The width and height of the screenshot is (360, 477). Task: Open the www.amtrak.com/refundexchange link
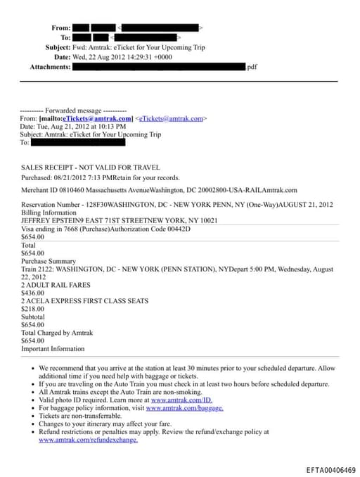click(88, 440)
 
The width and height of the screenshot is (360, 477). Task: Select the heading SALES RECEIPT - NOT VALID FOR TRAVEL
click(91, 167)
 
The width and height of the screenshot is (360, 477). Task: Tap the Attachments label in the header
click(50, 67)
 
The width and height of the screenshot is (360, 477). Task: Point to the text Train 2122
click(37, 269)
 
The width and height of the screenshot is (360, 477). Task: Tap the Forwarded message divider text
click(74, 111)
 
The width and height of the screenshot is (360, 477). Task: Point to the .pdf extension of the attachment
click(252, 67)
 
